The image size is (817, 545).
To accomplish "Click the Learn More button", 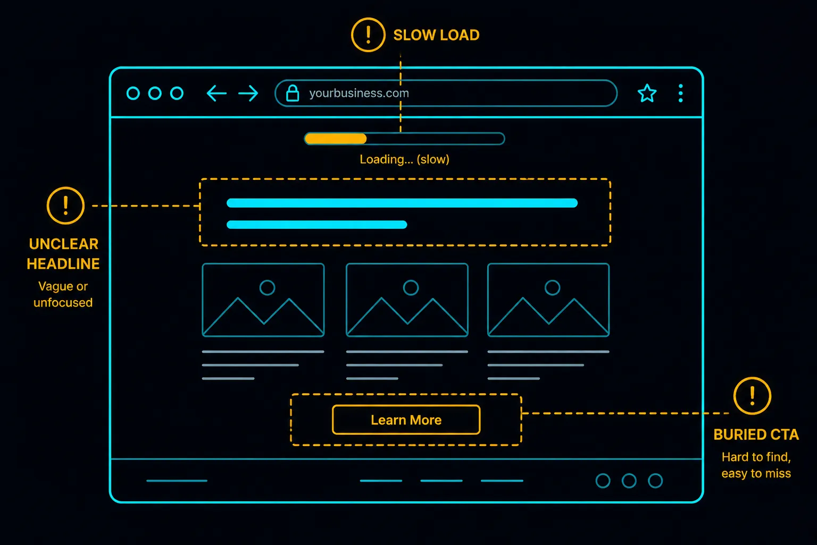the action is [406, 420].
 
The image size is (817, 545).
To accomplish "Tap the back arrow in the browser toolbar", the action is [216, 94].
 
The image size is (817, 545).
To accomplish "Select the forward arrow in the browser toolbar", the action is [248, 94].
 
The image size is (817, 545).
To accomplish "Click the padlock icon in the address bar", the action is [293, 93].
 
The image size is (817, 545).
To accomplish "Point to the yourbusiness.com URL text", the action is [359, 93].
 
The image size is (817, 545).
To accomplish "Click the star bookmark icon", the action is [647, 93].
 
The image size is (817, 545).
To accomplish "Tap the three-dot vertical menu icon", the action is [681, 93].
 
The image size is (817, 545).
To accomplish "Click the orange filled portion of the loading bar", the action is [336, 139].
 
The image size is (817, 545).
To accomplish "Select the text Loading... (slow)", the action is [404, 159].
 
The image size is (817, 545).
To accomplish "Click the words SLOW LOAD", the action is [436, 35].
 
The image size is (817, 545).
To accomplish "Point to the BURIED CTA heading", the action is [756, 434].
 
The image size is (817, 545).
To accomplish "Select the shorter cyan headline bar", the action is [316, 225].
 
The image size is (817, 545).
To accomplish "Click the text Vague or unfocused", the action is [63, 294].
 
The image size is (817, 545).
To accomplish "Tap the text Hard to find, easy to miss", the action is [756, 465].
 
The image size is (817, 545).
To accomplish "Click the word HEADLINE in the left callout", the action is [63, 263].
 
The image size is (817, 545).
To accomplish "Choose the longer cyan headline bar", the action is [402, 203].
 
